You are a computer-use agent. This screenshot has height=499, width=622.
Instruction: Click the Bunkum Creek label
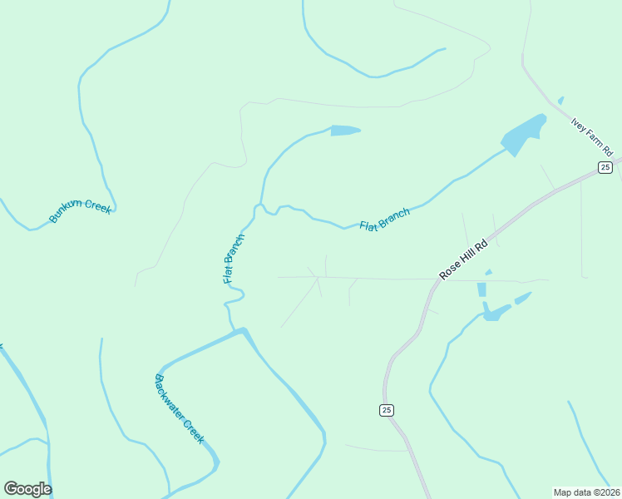(80, 211)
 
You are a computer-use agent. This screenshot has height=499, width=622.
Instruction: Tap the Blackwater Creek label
(179, 408)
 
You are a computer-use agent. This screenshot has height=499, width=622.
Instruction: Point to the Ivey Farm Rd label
(591, 136)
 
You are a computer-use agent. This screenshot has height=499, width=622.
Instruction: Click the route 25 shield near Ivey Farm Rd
(605, 168)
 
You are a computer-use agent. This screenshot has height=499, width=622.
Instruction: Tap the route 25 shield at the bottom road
(386, 410)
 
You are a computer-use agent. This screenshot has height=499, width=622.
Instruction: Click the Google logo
(27, 488)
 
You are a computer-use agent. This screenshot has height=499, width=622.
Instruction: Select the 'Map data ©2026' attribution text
(586, 492)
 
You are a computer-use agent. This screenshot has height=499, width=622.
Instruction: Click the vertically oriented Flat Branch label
(234, 258)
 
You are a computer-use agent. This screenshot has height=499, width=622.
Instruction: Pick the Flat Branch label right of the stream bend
(384, 220)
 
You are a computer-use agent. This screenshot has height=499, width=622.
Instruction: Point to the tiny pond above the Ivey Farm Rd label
(561, 101)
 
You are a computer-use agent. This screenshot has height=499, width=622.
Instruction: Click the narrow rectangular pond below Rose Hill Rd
(481, 289)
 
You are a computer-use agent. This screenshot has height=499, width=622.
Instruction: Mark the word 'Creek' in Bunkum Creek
(97, 208)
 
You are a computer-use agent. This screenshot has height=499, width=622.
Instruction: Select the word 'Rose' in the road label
(449, 268)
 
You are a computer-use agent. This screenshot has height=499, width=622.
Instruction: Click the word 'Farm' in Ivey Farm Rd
(592, 137)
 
